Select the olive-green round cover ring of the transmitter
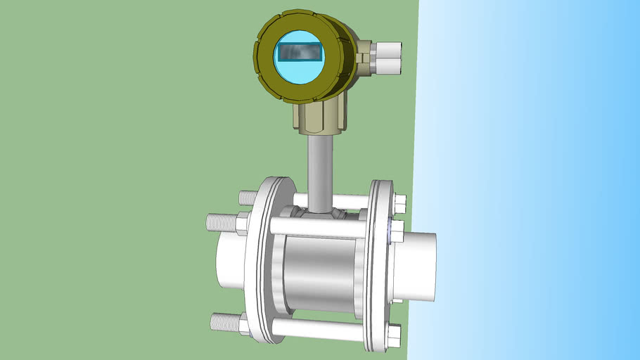(x=264, y=49)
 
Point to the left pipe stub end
(x=229, y=260)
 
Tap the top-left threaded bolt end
(x=246, y=198)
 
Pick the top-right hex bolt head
(x=399, y=204)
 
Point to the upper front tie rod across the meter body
(x=316, y=227)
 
